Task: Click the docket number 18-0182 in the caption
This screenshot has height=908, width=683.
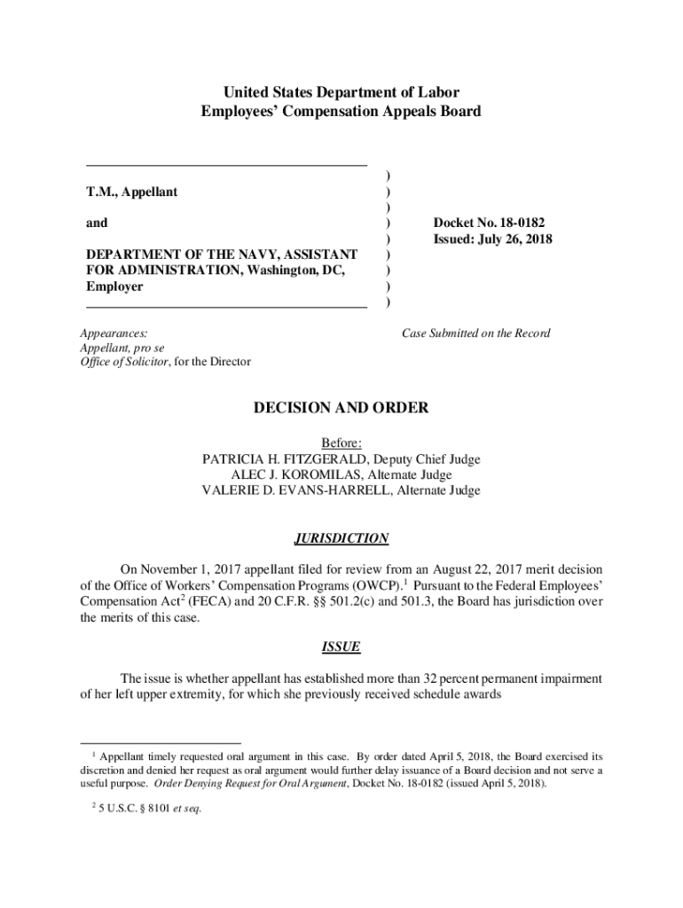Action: (x=521, y=223)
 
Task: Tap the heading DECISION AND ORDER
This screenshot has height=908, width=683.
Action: (x=341, y=408)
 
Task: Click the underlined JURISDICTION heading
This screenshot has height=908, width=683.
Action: (x=341, y=538)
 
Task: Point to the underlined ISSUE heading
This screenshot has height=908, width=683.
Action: (x=341, y=646)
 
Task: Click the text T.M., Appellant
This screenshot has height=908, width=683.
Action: (x=131, y=192)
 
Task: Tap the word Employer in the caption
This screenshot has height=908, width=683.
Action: (x=114, y=286)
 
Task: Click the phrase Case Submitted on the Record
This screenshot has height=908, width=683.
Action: (x=475, y=333)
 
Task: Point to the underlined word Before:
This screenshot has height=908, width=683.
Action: (x=341, y=443)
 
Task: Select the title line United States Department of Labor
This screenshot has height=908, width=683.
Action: (x=341, y=92)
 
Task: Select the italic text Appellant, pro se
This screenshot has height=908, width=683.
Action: (x=122, y=348)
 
